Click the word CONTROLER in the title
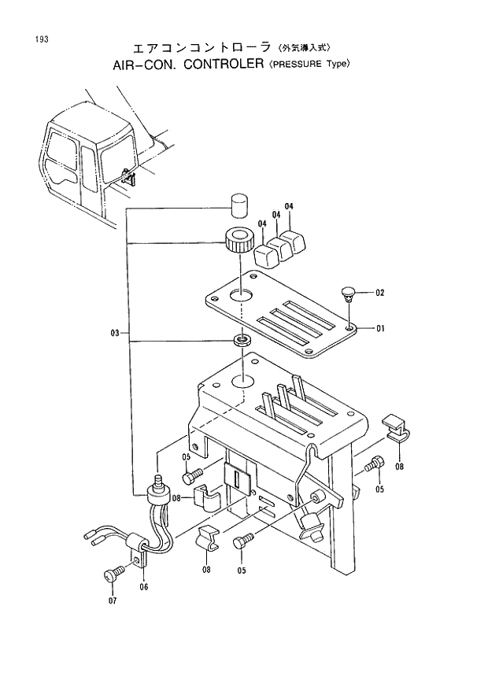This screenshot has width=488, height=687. click(221, 65)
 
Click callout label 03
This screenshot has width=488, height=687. click(115, 334)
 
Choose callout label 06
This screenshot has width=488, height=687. click(144, 586)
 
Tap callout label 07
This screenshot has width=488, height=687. click(113, 600)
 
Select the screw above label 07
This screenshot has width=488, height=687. click(114, 574)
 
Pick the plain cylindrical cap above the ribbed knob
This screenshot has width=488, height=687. click(238, 204)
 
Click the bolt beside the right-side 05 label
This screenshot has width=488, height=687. click(375, 466)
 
